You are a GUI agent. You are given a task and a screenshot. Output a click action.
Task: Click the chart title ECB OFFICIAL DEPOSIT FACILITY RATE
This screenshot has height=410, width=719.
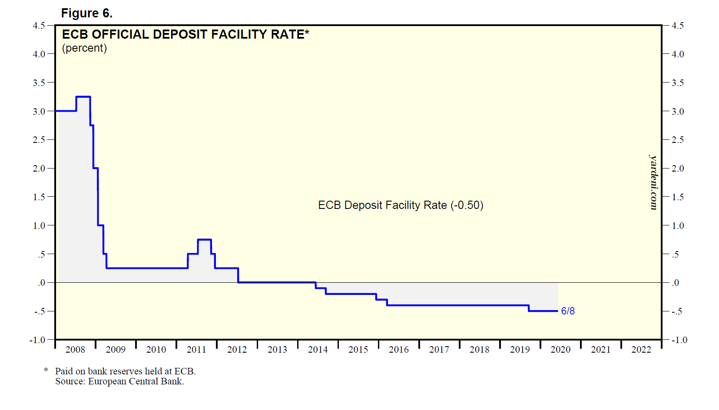tap(186, 34)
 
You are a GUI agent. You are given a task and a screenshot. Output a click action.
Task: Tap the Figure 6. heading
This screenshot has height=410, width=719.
tap(86, 13)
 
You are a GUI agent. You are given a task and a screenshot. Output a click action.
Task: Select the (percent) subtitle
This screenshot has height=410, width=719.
tap(84, 48)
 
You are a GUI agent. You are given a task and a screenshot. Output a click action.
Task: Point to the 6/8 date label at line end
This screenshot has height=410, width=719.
tap(567, 311)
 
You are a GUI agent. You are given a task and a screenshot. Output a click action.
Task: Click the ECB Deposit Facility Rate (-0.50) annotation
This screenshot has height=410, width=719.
tap(401, 205)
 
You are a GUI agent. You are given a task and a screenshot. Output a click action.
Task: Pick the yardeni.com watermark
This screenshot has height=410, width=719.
tap(653, 182)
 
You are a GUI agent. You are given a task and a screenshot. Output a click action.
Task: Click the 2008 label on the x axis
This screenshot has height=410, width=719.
tap(75, 350)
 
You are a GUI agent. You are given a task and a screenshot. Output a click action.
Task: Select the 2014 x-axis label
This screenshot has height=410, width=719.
tap(318, 350)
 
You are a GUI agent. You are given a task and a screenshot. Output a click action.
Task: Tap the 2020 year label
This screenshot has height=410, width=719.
tap(560, 350)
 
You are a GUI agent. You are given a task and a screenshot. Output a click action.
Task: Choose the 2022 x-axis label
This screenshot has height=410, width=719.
tap(641, 350)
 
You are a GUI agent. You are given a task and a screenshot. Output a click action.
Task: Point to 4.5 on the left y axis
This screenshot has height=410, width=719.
tap(39, 26)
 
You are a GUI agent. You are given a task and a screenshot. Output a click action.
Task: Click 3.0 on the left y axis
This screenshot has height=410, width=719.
tap(39, 112)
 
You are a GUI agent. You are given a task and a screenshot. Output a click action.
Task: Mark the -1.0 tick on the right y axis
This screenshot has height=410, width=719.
tap(679, 340)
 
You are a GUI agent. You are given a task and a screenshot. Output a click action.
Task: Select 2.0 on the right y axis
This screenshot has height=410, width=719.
tap(677, 169)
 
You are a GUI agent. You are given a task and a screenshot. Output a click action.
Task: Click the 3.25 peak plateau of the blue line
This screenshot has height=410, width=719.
tap(83, 97)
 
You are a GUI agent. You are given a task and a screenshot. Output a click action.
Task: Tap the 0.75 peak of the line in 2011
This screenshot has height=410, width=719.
tap(204, 240)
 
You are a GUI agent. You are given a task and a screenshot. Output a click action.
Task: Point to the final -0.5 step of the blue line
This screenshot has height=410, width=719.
tap(543, 311)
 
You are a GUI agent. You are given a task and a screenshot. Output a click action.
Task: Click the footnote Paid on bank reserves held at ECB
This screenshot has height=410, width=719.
tap(125, 371)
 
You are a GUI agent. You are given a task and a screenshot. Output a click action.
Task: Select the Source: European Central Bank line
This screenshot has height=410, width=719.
tap(119, 381)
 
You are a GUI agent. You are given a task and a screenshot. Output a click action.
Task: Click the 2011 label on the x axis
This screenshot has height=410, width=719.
tap(196, 350)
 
